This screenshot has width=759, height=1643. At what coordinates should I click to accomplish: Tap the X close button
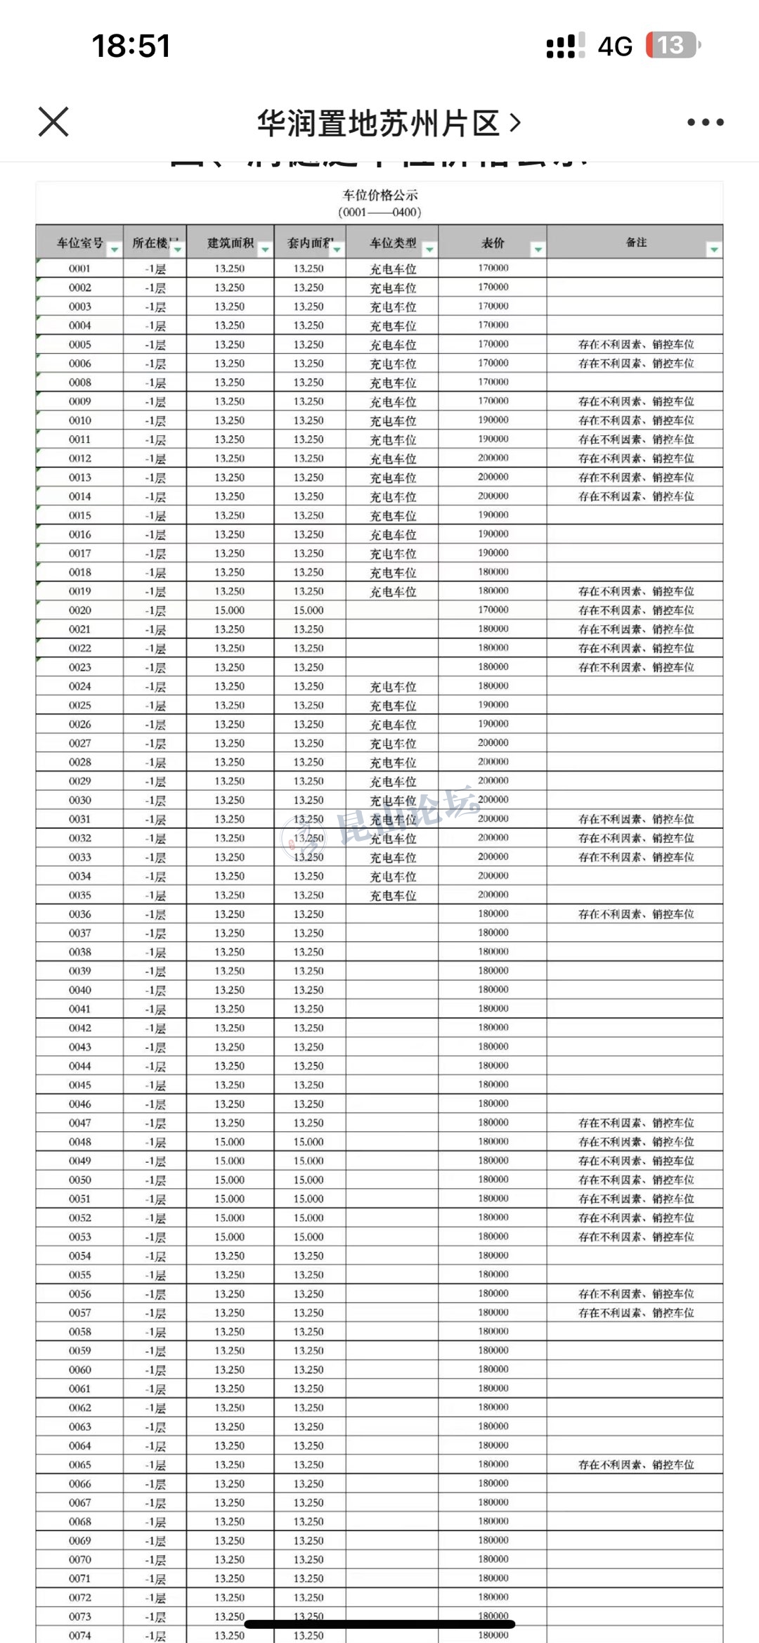(x=53, y=122)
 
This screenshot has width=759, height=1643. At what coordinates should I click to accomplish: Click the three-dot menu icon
(x=705, y=122)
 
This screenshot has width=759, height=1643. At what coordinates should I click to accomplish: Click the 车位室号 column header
(x=79, y=243)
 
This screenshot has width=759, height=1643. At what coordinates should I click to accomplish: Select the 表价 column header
(x=493, y=243)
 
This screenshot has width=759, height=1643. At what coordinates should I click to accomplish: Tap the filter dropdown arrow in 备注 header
(x=714, y=250)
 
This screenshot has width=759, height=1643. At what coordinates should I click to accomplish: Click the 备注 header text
(x=636, y=243)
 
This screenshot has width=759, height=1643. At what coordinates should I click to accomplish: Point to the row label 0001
(x=79, y=269)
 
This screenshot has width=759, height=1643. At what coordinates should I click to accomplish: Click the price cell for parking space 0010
(x=493, y=420)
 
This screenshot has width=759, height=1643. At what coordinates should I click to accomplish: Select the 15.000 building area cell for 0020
(x=230, y=610)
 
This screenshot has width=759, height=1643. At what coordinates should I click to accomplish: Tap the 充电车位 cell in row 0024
(x=393, y=687)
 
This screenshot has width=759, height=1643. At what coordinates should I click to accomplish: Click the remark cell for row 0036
(x=635, y=914)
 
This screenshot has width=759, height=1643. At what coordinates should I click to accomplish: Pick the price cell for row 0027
(x=493, y=743)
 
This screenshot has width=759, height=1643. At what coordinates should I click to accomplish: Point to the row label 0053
(x=79, y=1237)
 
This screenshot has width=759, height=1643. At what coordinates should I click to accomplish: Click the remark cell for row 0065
(x=635, y=1464)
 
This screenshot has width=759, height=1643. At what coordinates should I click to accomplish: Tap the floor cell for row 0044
(x=155, y=1066)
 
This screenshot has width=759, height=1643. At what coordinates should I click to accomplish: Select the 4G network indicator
(x=615, y=46)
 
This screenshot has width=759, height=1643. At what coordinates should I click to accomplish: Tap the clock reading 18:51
(x=131, y=46)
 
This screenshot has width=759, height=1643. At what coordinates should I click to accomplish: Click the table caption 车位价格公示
(x=379, y=195)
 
